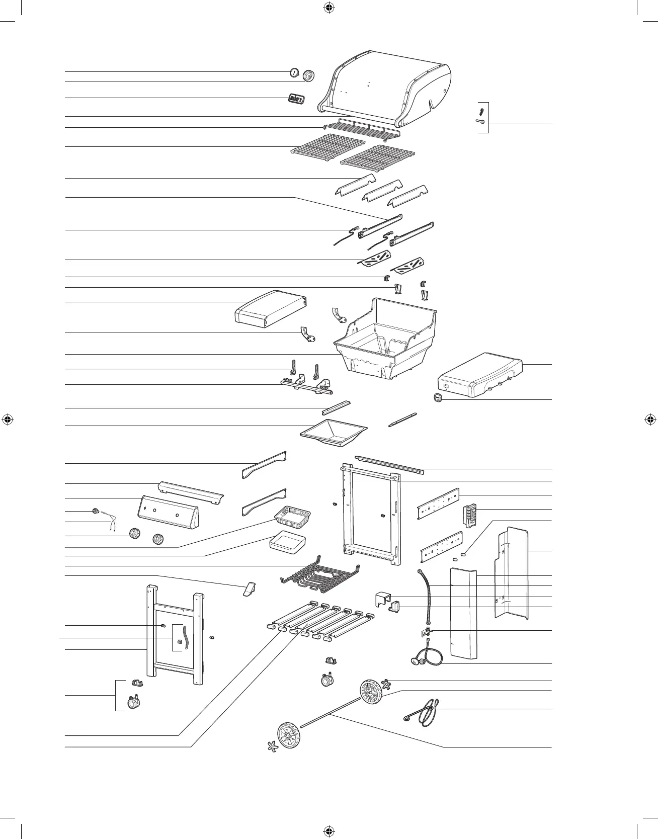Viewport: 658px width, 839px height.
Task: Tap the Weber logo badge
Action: pyautogui.click(x=296, y=99)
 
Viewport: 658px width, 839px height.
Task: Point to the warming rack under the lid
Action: pyautogui.click(x=362, y=129)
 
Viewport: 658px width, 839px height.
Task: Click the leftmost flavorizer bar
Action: pyautogui.click(x=355, y=186)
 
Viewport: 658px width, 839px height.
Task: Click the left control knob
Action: pyautogui.click(x=134, y=535)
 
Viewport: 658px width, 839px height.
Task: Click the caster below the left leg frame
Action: pyautogui.click(x=134, y=702)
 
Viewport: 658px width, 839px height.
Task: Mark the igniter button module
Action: pyautogui.click(x=471, y=516)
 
